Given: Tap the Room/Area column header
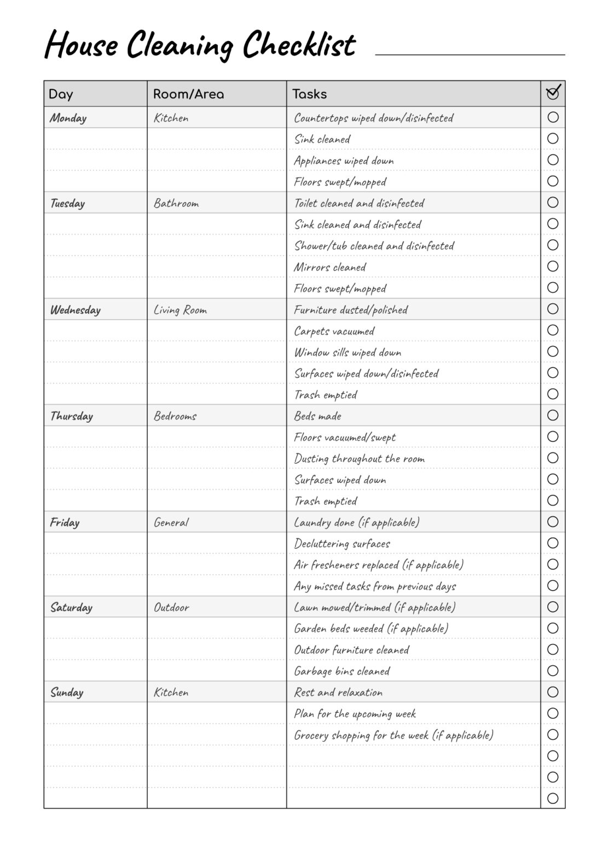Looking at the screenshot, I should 188,94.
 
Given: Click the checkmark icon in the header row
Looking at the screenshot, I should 553,93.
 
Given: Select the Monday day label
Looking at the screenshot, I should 68,118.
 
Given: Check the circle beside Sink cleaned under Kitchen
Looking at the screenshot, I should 553,139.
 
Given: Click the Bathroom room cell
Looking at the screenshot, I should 176,203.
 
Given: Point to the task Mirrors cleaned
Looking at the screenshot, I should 330,267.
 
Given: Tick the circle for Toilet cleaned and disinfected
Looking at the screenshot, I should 553,203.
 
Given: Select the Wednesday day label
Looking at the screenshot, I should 76,310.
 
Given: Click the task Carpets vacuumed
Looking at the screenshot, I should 334,331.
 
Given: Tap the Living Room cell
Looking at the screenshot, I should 180,310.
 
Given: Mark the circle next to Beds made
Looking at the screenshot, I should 553,416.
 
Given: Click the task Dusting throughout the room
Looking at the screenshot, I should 360,459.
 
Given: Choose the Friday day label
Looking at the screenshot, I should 65,522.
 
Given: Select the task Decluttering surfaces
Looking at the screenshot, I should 342,544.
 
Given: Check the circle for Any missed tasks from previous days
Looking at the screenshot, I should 553,586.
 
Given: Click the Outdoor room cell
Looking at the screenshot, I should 171,607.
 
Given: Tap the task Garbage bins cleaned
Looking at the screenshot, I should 342,671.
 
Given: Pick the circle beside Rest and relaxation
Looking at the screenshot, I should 553,692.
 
